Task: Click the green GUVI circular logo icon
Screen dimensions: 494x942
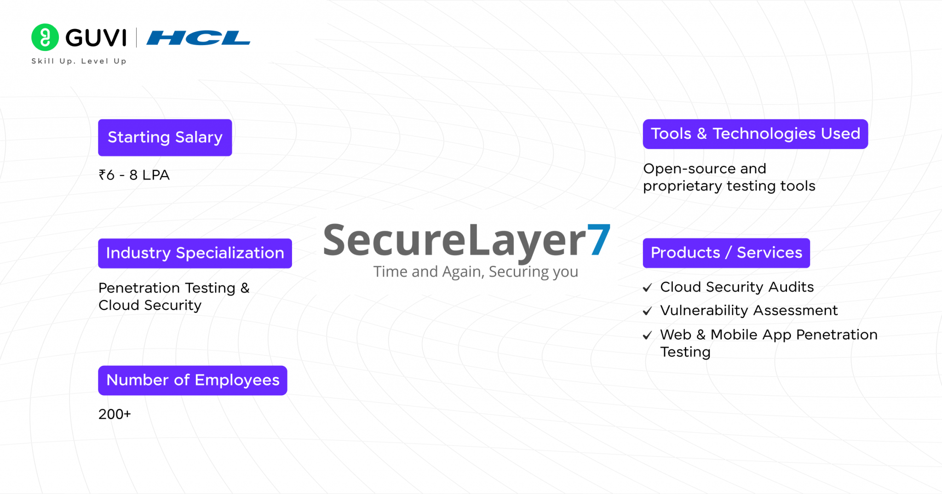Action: (x=45, y=37)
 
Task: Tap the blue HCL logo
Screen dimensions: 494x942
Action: (x=198, y=38)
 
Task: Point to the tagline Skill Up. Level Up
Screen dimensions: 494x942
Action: (x=79, y=61)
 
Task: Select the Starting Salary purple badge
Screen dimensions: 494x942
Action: (x=165, y=137)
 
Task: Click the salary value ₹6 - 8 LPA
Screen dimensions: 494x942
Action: (x=134, y=175)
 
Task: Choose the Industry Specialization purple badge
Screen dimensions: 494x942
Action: (x=195, y=253)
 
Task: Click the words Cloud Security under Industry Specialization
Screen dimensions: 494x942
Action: (x=150, y=306)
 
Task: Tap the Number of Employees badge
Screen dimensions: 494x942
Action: (x=192, y=380)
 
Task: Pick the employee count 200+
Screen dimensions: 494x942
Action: (x=115, y=414)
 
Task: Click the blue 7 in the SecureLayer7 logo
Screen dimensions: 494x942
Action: (x=599, y=240)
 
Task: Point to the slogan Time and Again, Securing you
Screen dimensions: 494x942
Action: (x=475, y=272)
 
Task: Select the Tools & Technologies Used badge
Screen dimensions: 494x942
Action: (x=755, y=134)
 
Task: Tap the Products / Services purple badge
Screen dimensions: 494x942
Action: (x=726, y=253)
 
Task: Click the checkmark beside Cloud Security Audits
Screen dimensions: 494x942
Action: (x=647, y=288)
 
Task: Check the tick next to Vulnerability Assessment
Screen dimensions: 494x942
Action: (x=647, y=312)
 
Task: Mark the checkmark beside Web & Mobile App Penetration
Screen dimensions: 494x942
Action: (x=647, y=335)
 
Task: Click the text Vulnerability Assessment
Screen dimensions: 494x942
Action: (x=748, y=311)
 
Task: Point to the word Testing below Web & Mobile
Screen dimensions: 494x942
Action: (x=685, y=352)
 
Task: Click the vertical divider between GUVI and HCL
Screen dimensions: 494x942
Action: (x=136, y=38)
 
